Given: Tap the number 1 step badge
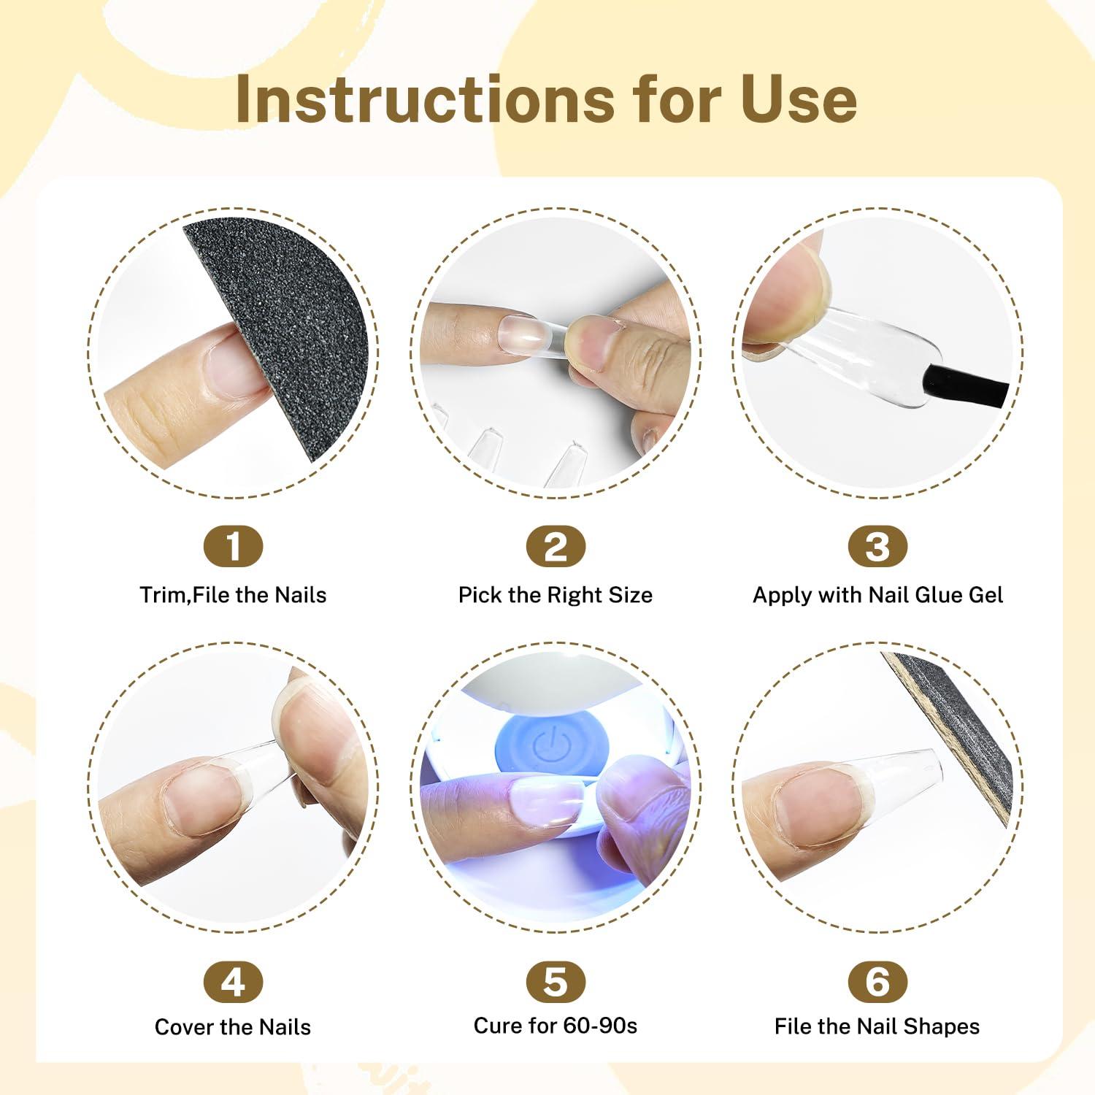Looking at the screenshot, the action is click(233, 546).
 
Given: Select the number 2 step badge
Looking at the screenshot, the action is click(556, 546).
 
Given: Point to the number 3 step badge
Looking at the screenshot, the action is click(877, 546).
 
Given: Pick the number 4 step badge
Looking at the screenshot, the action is click(233, 982).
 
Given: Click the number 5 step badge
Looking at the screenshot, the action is click(556, 982).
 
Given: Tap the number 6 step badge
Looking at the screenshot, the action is click(877, 982).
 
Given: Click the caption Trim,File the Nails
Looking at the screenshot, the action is click(233, 595).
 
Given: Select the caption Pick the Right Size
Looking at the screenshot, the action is click(556, 595).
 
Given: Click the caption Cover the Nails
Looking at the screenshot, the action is click(233, 1027).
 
